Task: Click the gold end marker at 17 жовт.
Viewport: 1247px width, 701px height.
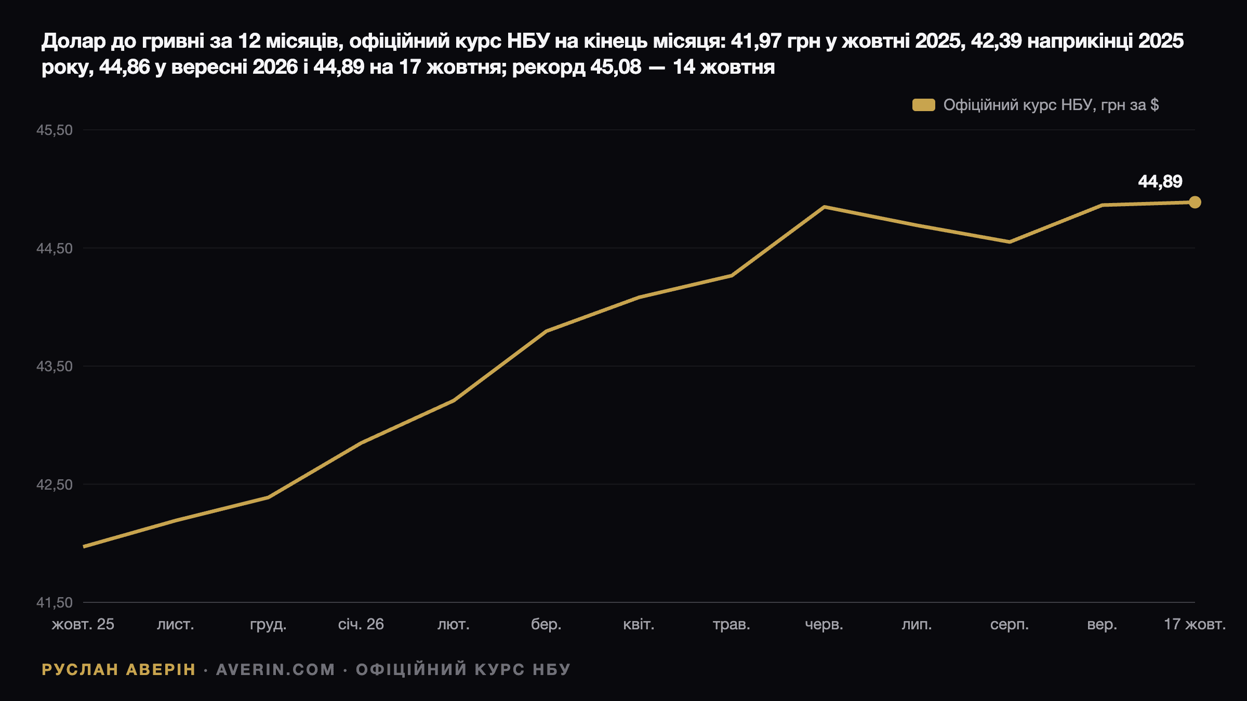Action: click(1195, 202)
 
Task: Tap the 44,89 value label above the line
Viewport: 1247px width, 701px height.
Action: click(1160, 182)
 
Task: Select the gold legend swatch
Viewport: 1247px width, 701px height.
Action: click(924, 105)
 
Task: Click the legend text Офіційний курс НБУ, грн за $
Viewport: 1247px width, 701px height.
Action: click(1051, 105)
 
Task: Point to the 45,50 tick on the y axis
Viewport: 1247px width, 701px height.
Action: click(55, 130)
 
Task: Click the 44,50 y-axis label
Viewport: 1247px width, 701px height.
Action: click(55, 249)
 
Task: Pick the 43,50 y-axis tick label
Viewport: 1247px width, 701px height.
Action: click(55, 367)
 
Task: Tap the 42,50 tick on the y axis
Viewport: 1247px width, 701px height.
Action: click(55, 485)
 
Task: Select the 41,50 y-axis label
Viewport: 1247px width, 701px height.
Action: click(55, 603)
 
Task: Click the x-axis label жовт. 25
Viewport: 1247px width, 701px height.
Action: click(83, 624)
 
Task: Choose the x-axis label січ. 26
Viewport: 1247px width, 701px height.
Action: click(361, 624)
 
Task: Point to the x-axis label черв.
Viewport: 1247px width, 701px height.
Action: click(824, 624)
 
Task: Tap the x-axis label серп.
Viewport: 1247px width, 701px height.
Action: click(1010, 624)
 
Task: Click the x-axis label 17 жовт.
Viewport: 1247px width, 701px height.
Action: click(1195, 624)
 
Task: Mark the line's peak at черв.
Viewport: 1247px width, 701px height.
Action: click(825, 207)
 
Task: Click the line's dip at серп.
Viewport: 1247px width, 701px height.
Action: click(1010, 242)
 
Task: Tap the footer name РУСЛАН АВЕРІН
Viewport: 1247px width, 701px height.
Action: click(118, 670)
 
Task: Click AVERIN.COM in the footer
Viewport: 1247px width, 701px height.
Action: click(275, 670)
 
